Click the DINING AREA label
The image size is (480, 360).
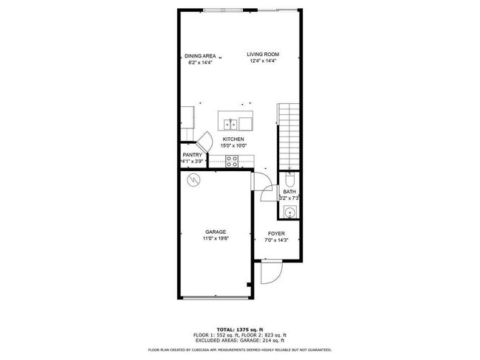[x=199, y=55]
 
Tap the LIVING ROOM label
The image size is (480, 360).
[x=264, y=54]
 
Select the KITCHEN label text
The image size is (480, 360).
[x=233, y=139]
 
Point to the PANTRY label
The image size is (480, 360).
[x=192, y=155]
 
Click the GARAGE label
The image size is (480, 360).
[x=216, y=232]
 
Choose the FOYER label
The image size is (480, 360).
[x=276, y=234]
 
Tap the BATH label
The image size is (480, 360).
[x=289, y=192]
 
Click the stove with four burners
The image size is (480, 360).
[x=231, y=161]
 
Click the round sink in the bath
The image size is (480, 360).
[x=289, y=212]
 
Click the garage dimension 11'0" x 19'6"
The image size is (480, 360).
[x=216, y=239]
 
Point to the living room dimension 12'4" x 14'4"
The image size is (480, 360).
[x=264, y=61]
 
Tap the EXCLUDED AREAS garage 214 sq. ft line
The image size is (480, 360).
[x=239, y=340]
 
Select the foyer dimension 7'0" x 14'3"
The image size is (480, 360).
[x=276, y=240]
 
